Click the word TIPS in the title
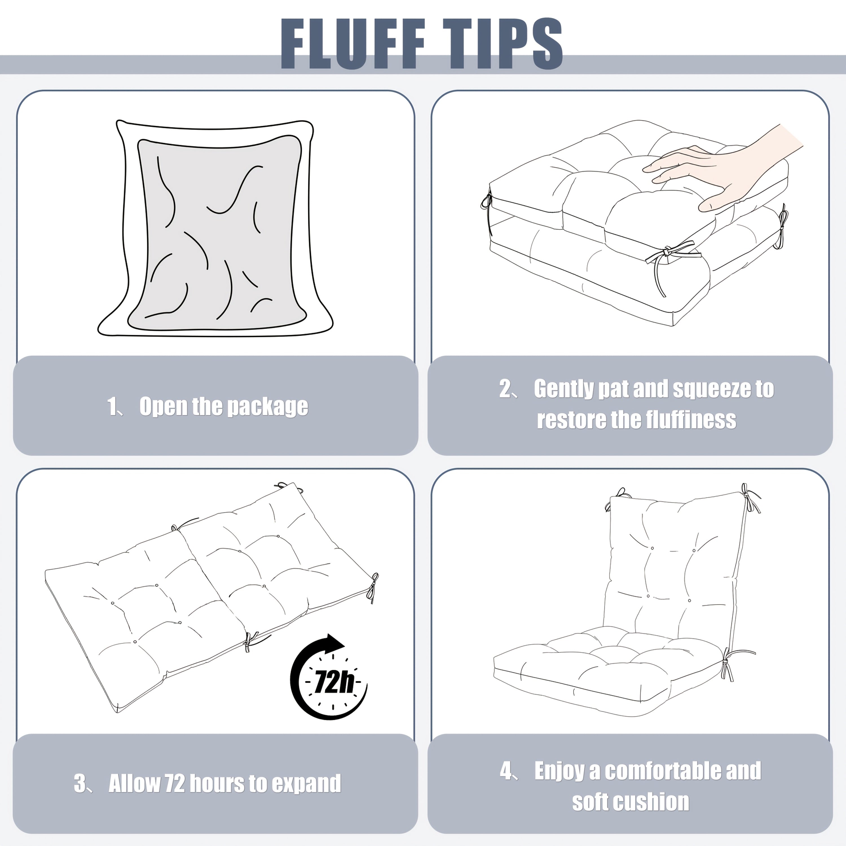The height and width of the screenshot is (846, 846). [x=503, y=44]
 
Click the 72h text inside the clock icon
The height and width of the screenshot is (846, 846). [x=334, y=682]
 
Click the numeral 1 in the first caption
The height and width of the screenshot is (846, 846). [x=112, y=406]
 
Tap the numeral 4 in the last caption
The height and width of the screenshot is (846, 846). [x=506, y=771]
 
